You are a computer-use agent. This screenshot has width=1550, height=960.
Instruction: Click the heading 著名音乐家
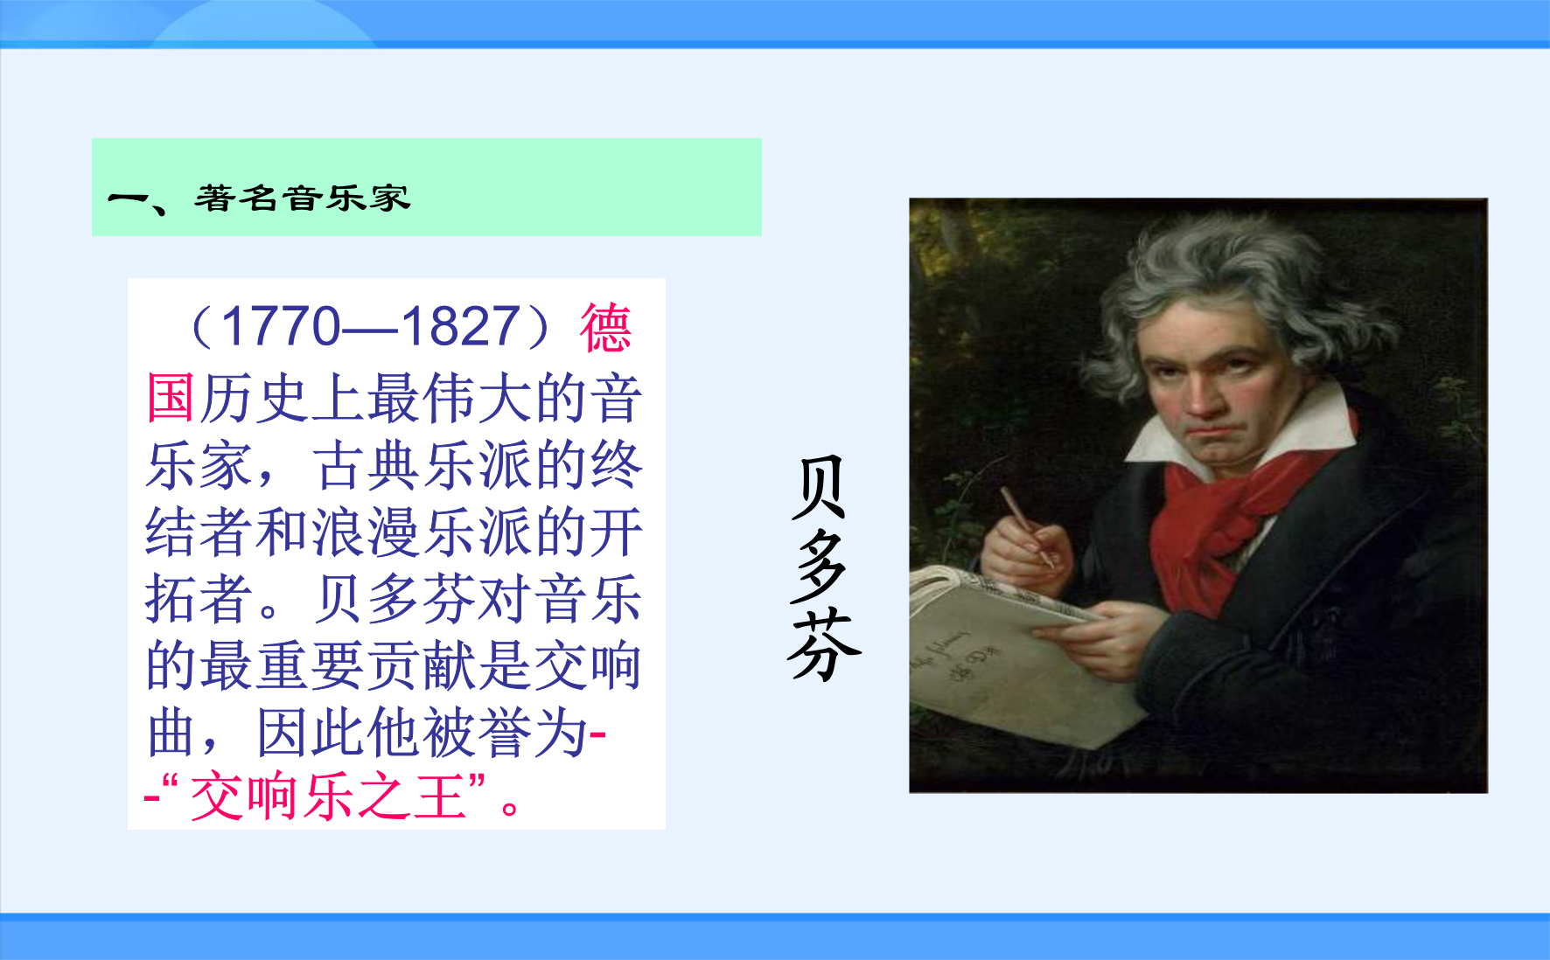[302, 198]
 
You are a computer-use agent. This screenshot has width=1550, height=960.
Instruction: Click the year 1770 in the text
[280, 327]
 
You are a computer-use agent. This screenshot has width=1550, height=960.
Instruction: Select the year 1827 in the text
[461, 327]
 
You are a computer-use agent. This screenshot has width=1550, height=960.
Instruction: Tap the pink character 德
[605, 328]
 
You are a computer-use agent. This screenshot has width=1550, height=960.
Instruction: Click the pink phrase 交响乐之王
[328, 797]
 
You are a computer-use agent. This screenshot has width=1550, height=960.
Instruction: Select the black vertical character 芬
[822, 645]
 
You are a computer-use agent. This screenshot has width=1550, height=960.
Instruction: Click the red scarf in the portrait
[1225, 516]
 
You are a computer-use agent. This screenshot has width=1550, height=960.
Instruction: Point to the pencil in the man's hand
[1027, 526]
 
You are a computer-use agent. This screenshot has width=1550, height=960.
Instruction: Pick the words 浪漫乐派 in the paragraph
[421, 532]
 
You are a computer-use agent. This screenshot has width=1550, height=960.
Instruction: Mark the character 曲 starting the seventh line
[171, 732]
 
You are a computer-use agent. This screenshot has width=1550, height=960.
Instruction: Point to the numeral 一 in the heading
[129, 198]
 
